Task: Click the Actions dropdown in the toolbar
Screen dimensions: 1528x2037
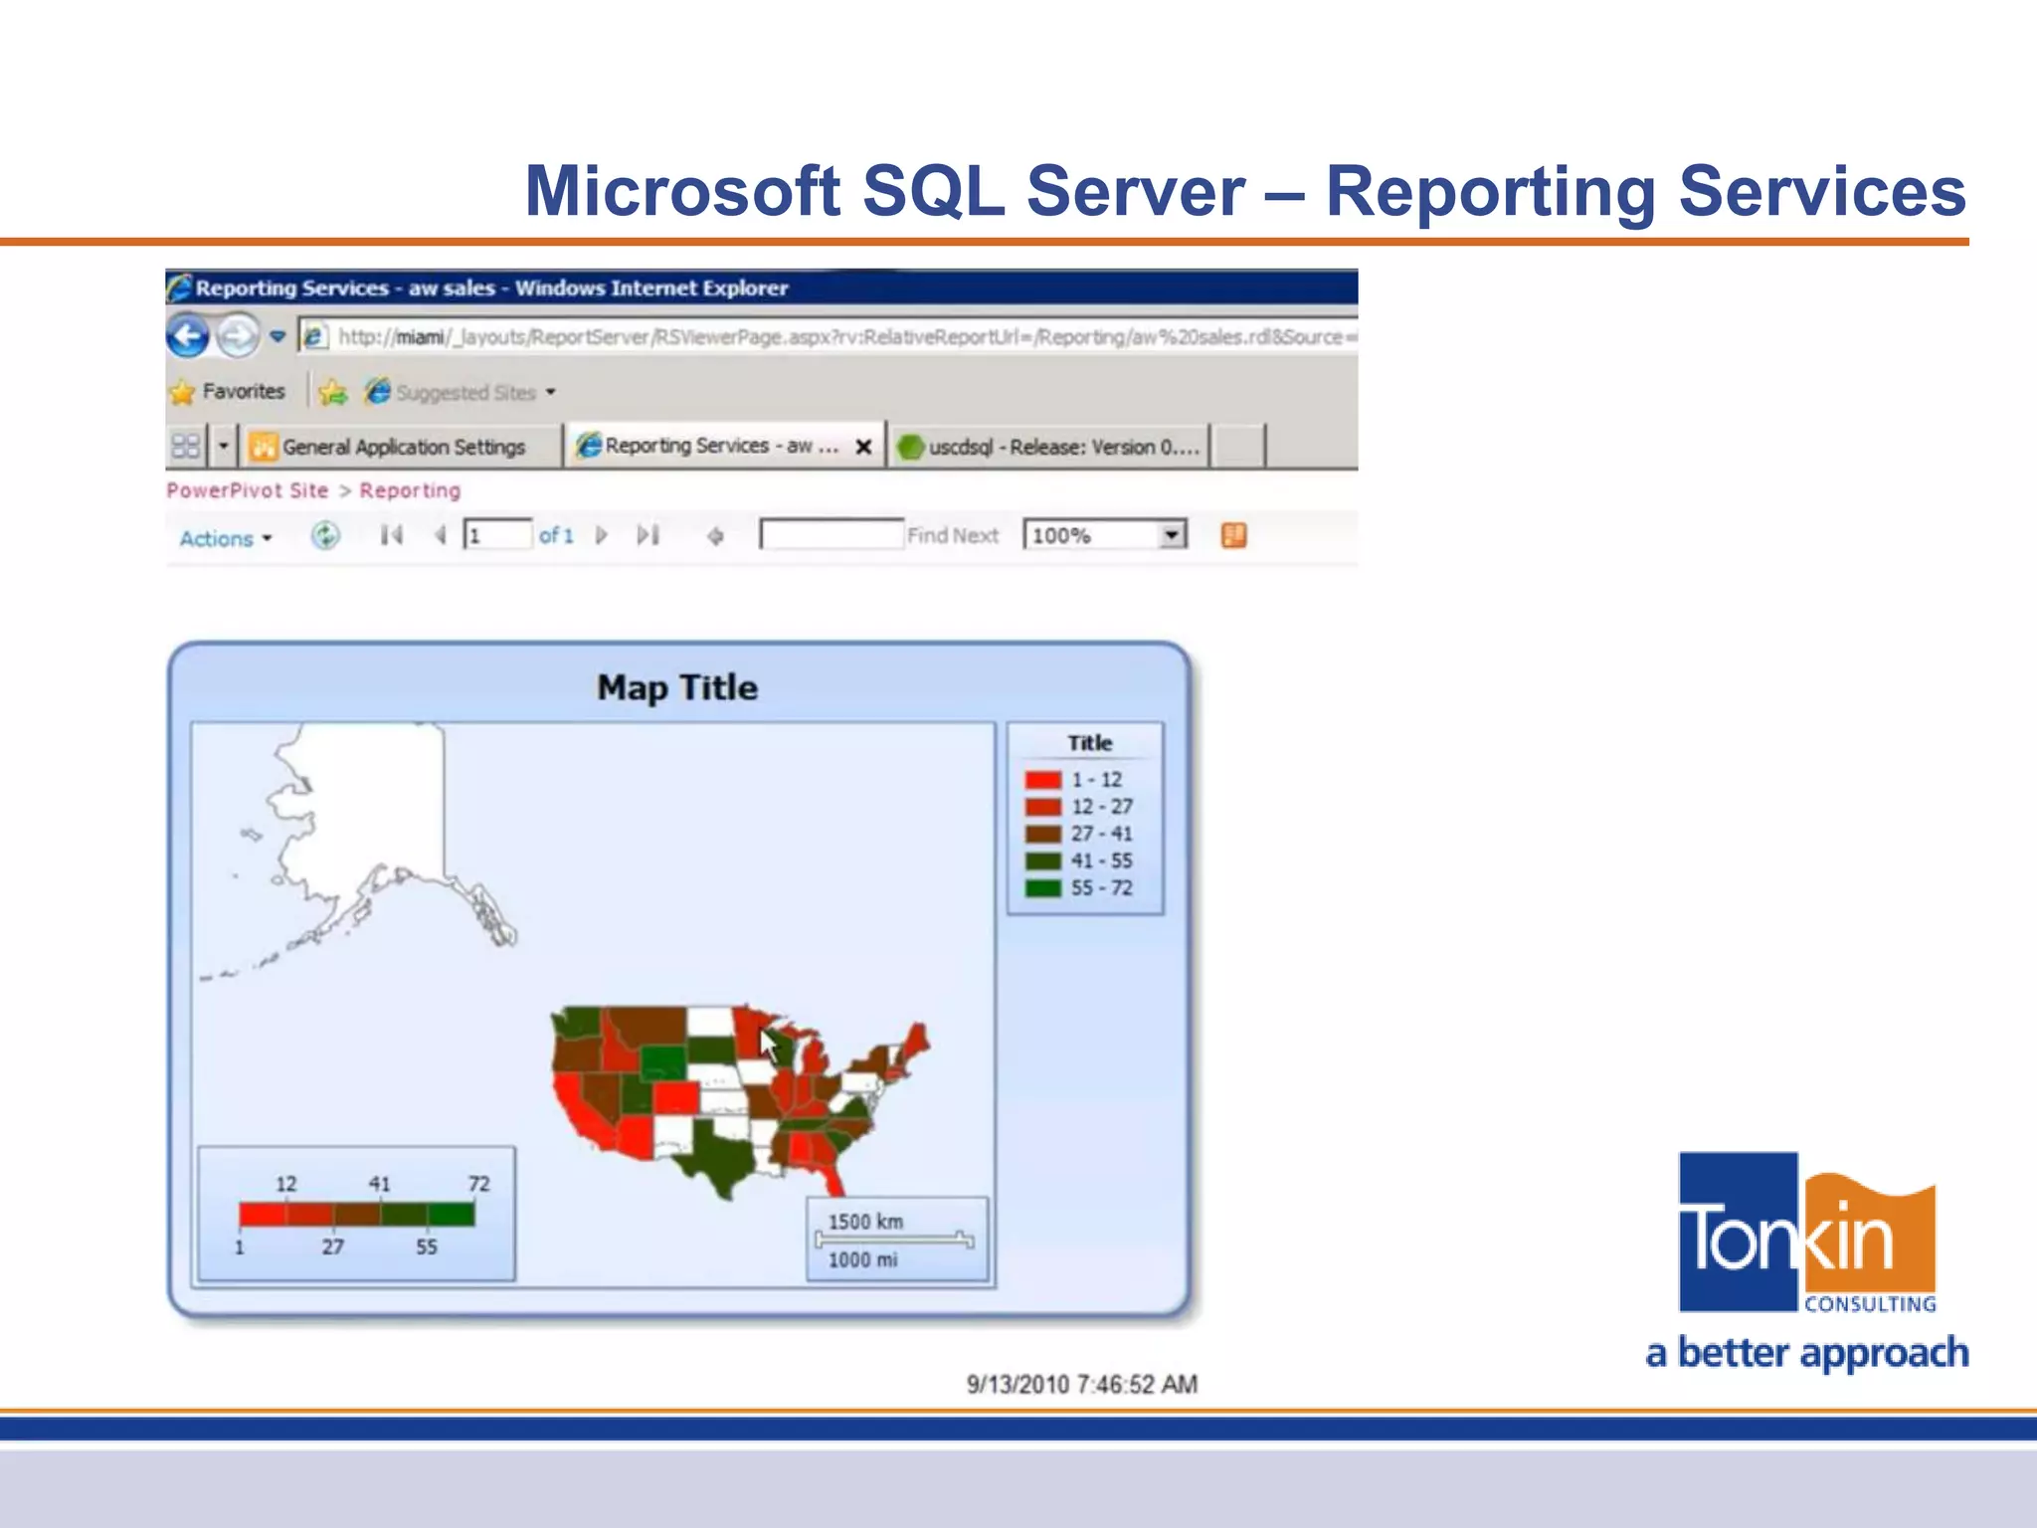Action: pyautogui.click(x=225, y=538)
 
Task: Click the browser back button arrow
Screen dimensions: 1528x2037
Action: pyautogui.click(x=188, y=336)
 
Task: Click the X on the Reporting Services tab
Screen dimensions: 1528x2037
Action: pyautogui.click(x=863, y=447)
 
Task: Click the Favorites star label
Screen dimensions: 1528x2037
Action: pyautogui.click(x=229, y=391)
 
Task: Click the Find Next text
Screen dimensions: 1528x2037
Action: pyautogui.click(x=952, y=535)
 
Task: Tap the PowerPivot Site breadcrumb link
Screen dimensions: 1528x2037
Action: pyautogui.click(x=248, y=490)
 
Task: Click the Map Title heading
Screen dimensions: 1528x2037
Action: pyautogui.click(x=677, y=687)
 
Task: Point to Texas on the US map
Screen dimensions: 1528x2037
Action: pyautogui.click(x=721, y=1159)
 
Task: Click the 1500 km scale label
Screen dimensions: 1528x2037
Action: pyautogui.click(x=865, y=1222)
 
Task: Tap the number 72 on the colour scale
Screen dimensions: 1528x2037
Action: pyautogui.click(x=478, y=1184)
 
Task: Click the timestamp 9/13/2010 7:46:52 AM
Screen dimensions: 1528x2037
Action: pyautogui.click(x=1081, y=1385)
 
